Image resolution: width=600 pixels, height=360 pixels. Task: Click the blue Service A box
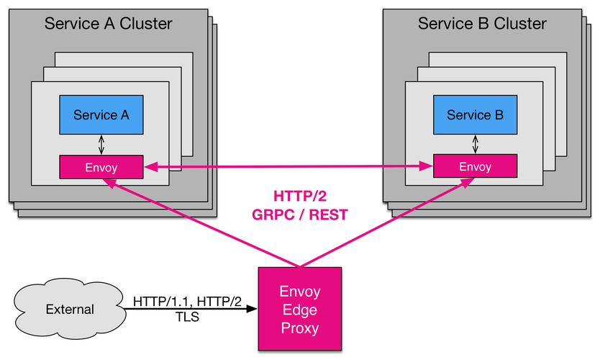101,115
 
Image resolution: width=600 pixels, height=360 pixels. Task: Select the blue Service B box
476,115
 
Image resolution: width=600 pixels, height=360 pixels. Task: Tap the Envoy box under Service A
101,167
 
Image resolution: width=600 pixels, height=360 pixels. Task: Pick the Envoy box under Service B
476,166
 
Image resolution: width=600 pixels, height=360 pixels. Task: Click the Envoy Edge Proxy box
300,309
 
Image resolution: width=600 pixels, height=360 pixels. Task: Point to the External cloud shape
70,309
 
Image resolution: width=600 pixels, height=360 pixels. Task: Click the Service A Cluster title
109,23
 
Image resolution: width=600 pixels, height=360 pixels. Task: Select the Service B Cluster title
482,23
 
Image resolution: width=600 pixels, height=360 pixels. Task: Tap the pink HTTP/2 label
300,196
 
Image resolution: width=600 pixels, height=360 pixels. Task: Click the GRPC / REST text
300,215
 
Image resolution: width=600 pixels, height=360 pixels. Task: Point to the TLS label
188,317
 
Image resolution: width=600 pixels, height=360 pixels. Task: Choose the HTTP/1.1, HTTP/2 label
188,302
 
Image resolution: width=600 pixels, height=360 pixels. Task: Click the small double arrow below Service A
101,145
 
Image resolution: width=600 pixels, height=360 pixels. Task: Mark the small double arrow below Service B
476,145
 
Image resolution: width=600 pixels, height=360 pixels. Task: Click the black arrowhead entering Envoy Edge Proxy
251,309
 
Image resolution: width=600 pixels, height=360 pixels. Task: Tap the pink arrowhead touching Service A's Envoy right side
150,167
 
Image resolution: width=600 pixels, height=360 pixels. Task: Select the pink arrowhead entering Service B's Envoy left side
426,166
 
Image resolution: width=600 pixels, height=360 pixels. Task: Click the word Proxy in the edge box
300,328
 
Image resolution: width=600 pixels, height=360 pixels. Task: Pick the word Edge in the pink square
300,310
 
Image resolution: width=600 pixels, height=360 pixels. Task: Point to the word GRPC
273,215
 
